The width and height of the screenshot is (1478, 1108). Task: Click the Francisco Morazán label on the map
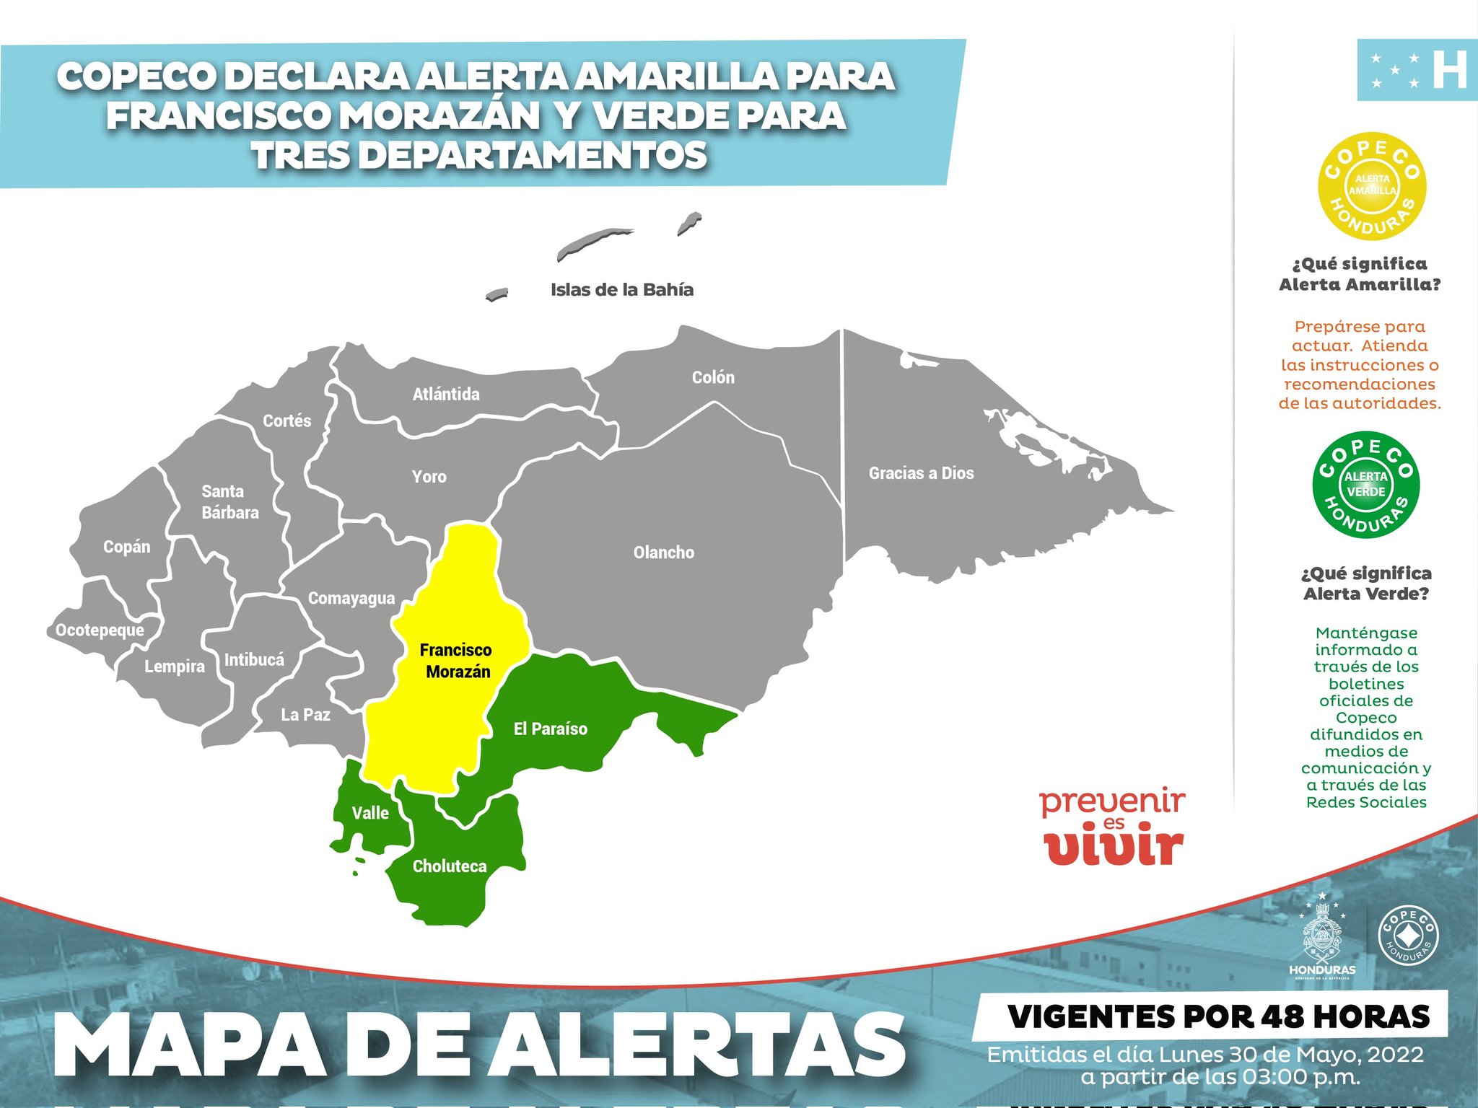[456, 661]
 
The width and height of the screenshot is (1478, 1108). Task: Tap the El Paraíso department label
[550, 729]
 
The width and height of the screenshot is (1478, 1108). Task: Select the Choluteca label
[449, 866]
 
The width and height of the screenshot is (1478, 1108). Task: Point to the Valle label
[370, 813]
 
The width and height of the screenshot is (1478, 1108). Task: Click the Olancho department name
[663, 553]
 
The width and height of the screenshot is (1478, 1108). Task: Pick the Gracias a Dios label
[921, 473]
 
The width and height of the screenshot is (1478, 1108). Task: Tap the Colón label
[713, 377]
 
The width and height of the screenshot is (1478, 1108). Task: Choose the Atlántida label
[446, 394]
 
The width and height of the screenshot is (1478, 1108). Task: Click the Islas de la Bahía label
[621, 290]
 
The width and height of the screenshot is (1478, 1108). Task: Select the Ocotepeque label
[100, 630]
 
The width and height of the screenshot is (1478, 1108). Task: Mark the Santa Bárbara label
[229, 502]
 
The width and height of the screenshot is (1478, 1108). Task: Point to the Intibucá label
[254, 659]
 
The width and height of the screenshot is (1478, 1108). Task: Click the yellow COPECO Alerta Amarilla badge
[1372, 186]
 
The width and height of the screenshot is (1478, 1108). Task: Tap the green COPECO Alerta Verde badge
[1365, 485]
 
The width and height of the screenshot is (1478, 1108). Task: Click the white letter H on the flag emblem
[1449, 70]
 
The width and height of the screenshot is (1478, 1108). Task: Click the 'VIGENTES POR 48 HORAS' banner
[1218, 1016]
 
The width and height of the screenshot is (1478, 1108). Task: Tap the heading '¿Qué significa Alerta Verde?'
[1365, 584]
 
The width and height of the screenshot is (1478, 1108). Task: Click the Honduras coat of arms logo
[1322, 937]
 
